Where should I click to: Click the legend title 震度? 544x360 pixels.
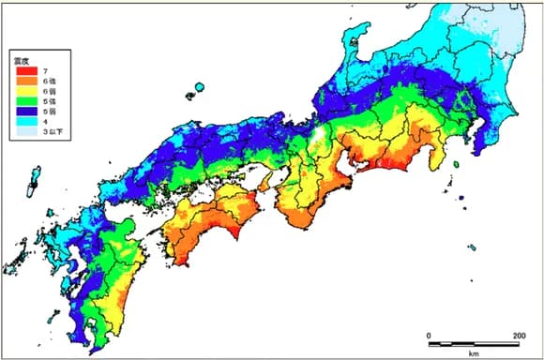coord(22,60)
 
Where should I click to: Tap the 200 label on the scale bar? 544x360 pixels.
coord(518,335)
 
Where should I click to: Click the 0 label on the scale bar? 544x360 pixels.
coord(429,335)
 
